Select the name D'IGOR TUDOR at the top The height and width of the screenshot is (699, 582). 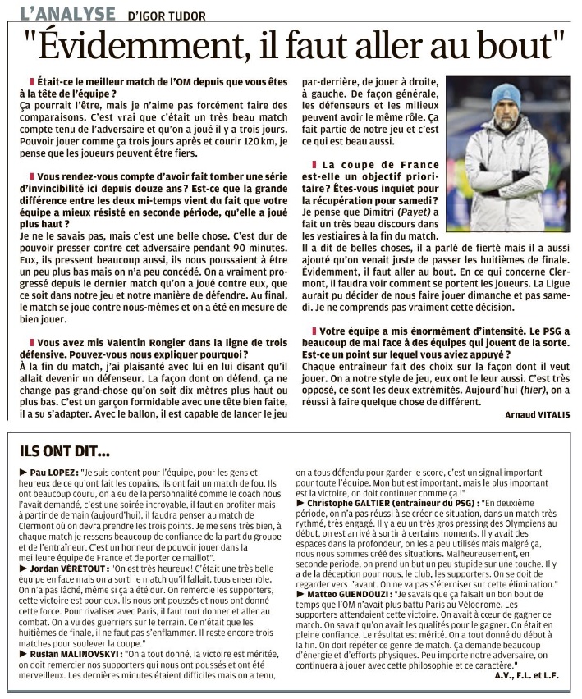click(x=167, y=16)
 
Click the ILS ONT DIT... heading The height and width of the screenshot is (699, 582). click(x=65, y=450)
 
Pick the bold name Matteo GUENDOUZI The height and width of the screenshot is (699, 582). click(x=353, y=592)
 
